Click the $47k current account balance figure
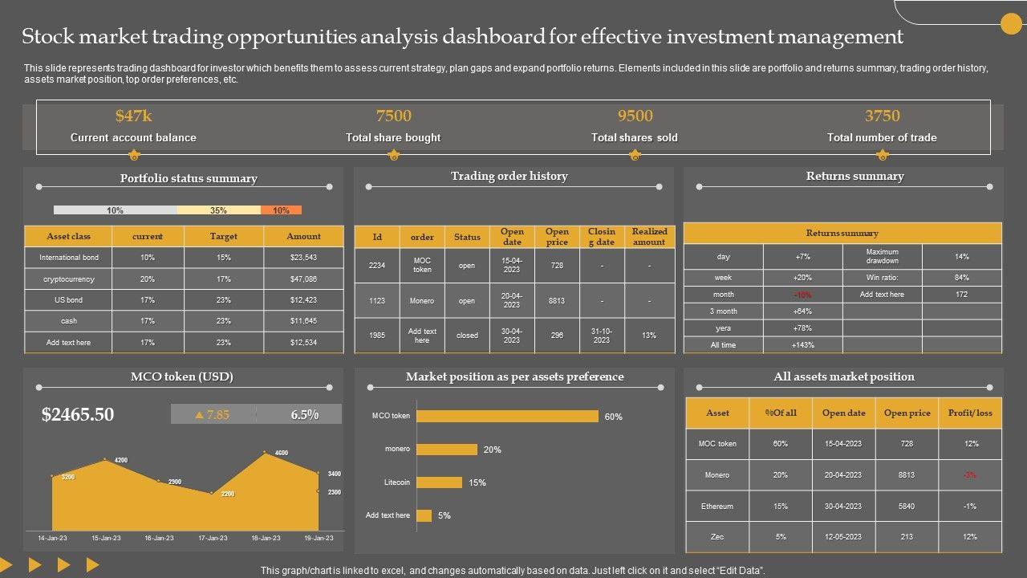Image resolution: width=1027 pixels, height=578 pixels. point(133,116)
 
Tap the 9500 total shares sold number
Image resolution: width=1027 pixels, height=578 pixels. point(635,116)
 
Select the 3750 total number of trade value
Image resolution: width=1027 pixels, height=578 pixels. point(882,116)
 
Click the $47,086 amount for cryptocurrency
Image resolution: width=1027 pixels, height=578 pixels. point(303,279)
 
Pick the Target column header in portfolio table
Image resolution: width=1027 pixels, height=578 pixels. point(224,236)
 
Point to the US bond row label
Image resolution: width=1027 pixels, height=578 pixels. point(69,300)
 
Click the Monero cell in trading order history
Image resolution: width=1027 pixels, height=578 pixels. point(422,301)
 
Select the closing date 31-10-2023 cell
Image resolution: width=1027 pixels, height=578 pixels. point(602,336)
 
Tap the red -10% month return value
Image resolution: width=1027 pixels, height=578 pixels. point(802,295)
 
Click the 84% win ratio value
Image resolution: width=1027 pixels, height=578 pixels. point(962,278)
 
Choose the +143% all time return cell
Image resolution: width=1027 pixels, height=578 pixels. point(802,345)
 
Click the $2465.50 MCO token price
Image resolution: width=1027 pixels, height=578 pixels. point(78,414)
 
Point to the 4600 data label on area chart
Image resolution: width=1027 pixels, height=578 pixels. point(281,453)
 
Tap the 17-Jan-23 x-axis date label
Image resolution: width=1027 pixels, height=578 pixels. point(212,538)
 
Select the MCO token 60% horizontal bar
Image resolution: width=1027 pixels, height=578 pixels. point(507,416)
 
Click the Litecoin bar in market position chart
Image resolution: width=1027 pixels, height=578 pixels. point(439,482)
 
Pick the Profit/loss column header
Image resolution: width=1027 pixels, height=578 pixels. point(971,413)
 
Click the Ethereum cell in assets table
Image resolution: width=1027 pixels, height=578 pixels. point(717,507)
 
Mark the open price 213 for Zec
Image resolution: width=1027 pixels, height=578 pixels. point(907,537)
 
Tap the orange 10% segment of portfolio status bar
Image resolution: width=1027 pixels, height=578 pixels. point(281,210)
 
